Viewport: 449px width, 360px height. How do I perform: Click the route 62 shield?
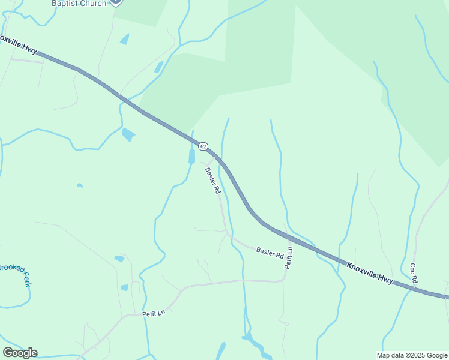pos(203,146)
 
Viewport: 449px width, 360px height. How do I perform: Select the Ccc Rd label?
pos(414,273)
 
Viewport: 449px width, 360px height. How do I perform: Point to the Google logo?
pos(20,353)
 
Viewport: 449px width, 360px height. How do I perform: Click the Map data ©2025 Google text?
pos(412,355)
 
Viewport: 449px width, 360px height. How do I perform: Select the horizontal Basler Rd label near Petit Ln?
pos(270,252)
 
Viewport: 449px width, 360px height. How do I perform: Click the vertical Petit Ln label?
pos(289,258)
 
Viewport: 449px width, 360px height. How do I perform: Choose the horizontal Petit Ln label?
pos(153,314)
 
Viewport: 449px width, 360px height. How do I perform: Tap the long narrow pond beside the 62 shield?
pos(192,157)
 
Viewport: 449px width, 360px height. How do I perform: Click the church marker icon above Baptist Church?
pos(116,2)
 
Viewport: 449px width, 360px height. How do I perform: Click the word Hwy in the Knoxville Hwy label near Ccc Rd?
pos(385,278)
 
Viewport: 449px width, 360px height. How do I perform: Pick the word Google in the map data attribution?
pos(433,355)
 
